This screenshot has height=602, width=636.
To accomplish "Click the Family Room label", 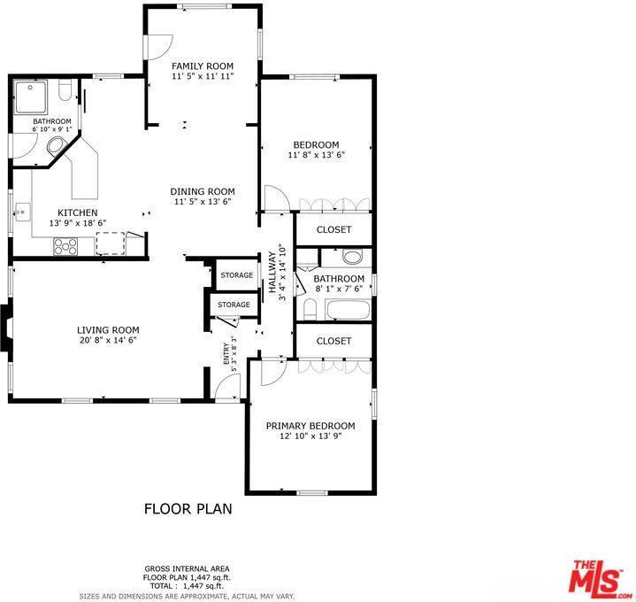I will point(202,66).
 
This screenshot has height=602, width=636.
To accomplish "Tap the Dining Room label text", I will point(202,191).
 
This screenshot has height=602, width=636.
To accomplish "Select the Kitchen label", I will point(78,212).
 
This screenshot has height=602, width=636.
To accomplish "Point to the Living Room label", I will point(108,329).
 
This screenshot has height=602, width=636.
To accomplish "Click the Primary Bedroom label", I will point(310,426).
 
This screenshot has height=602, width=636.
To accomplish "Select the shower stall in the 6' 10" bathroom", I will point(33,96).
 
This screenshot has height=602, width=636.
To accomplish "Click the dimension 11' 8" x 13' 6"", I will point(316,155).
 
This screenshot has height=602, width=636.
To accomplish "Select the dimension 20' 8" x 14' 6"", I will point(108,339).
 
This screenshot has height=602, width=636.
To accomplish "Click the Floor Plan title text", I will point(188,509).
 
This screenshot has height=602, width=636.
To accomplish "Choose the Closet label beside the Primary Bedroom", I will point(333,341).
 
